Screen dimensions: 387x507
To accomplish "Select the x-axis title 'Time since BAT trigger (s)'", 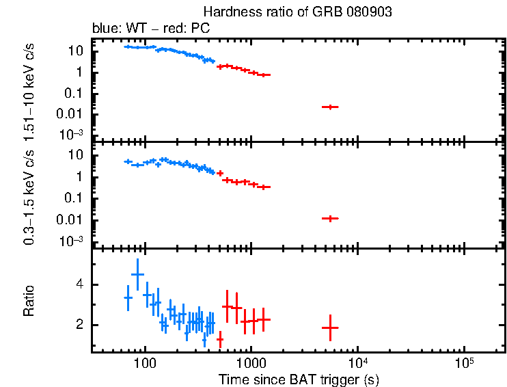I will point(299,378).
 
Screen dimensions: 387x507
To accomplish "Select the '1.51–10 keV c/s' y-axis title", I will point(29,88).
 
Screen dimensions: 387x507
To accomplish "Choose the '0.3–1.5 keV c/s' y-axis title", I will point(29,195).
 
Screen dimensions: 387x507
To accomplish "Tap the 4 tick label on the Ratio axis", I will point(79,284).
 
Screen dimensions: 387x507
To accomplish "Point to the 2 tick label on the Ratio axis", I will point(79,325).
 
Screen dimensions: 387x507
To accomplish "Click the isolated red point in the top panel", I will point(331,107).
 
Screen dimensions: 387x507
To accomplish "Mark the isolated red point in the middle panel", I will point(331,218).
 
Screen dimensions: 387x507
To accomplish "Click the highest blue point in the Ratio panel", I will point(137,273).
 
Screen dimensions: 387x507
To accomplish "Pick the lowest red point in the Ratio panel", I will point(220,338).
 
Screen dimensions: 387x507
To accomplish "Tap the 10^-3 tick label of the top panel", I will point(73,135).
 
